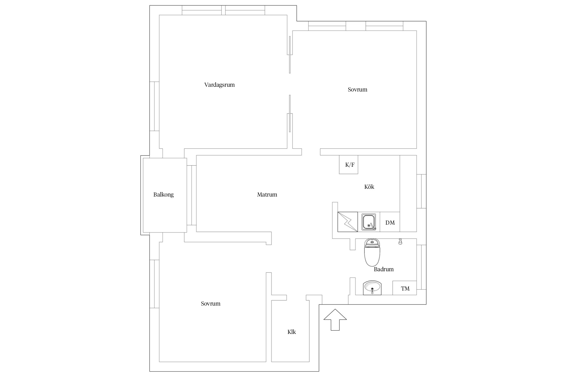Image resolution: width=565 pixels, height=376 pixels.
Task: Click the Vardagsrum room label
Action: point(219,85)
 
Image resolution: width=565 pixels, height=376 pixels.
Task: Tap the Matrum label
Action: point(267,195)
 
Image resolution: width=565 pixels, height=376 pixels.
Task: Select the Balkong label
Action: point(163,195)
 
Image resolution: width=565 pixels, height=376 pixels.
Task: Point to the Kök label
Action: point(369,187)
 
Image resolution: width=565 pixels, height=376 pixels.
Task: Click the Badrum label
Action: point(384,269)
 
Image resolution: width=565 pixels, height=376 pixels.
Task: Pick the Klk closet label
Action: point(292,332)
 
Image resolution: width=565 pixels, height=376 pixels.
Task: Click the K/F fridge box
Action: point(349,165)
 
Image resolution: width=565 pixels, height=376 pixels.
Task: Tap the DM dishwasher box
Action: point(390,222)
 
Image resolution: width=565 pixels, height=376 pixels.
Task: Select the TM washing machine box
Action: point(405,288)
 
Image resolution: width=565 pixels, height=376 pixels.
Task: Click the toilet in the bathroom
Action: point(372,252)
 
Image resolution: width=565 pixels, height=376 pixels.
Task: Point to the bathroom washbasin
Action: point(372,288)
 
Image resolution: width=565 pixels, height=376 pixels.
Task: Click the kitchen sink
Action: point(369,222)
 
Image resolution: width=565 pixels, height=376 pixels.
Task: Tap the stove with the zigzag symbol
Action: point(348,222)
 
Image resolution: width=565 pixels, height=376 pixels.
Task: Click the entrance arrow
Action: point(335,320)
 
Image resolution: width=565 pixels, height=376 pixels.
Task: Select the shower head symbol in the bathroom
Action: point(400,242)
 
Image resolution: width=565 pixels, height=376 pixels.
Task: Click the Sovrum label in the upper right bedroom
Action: point(357,90)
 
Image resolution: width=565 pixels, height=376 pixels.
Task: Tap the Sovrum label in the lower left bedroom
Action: point(210,304)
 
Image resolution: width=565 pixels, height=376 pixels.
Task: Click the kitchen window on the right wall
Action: point(421,191)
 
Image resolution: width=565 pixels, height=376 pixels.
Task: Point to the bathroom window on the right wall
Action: point(421,267)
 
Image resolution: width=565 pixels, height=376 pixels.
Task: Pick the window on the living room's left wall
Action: point(154,106)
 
